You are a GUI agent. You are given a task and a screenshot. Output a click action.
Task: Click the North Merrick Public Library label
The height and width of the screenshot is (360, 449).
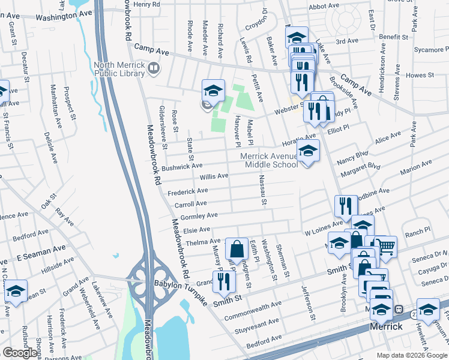tap(119, 69)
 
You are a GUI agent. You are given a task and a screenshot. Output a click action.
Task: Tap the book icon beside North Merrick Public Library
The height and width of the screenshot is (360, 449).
tap(154, 69)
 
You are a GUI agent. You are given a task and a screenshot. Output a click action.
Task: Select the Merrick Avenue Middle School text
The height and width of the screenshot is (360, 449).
tap(269, 160)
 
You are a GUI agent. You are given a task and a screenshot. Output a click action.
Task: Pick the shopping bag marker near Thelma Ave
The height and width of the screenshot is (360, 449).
tap(237, 248)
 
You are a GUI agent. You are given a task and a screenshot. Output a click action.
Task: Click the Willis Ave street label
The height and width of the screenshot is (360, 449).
tap(214, 176)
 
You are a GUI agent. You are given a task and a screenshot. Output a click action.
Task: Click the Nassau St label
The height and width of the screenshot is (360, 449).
tap(263, 190)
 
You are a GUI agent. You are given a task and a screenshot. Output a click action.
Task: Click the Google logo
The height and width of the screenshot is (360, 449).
tap(20, 353)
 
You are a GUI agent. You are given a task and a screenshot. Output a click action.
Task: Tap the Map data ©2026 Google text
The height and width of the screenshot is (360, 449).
tap(411, 355)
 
